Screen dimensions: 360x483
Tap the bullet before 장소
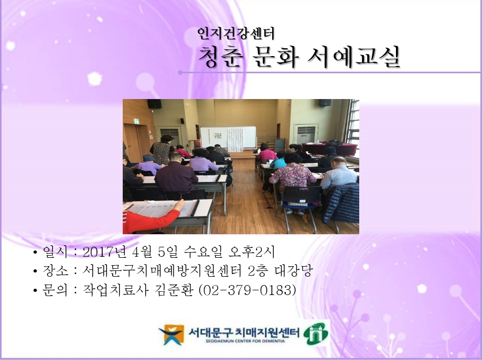[35, 272]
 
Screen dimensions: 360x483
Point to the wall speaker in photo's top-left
[154, 103]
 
